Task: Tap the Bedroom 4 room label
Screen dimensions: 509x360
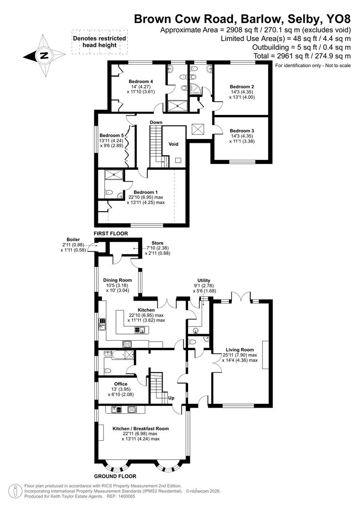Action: (x=141, y=81)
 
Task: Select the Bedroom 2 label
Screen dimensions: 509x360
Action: (x=242, y=87)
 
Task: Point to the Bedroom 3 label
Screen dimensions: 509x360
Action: (x=242, y=131)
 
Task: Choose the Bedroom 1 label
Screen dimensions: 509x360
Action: (x=146, y=192)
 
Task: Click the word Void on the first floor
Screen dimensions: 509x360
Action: (x=174, y=144)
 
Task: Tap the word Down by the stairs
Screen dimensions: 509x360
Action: (x=156, y=123)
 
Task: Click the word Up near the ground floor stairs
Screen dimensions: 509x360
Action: (x=172, y=398)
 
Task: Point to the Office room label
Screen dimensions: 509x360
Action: (x=121, y=384)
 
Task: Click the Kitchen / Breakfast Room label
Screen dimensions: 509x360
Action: (x=140, y=428)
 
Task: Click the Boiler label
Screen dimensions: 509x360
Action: (x=73, y=239)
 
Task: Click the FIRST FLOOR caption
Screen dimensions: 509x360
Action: (x=111, y=234)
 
